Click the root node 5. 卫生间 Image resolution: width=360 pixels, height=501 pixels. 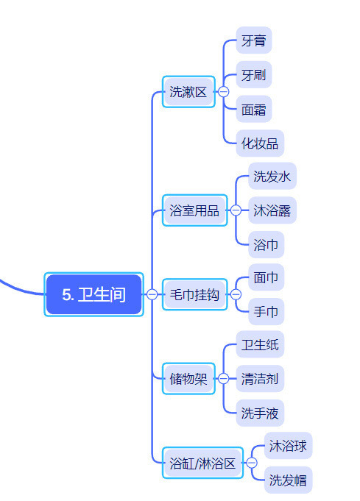[x=93, y=294]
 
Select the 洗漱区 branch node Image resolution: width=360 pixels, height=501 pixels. [x=188, y=92]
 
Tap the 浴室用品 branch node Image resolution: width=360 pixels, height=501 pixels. [x=194, y=210]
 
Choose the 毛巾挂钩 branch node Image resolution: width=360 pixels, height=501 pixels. [x=194, y=294]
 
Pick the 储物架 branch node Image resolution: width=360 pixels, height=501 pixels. [x=188, y=379]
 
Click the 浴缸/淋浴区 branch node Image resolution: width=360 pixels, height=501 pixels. [x=202, y=463]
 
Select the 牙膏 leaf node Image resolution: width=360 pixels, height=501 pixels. [x=254, y=40]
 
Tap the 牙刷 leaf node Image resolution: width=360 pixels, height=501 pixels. [x=254, y=74]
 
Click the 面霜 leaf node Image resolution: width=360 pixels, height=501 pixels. [x=254, y=109]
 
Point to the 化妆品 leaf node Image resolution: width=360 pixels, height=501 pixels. [x=260, y=143]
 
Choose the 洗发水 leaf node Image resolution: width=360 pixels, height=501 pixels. [x=272, y=176]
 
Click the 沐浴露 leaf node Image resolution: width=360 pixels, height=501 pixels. [x=272, y=210]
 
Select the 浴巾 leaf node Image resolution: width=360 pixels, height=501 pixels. [x=267, y=244]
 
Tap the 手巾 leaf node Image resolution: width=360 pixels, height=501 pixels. [x=267, y=311]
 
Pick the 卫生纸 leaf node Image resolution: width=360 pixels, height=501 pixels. [x=260, y=344]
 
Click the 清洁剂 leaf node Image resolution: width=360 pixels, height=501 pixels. [x=260, y=379]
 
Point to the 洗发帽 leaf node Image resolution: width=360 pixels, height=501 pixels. [x=288, y=480]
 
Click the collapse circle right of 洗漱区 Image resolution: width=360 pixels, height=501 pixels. [x=224, y=92]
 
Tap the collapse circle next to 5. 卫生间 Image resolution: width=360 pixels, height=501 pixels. [x=152, y=294]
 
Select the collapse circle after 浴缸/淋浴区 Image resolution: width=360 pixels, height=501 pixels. [x=252, y=463]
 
